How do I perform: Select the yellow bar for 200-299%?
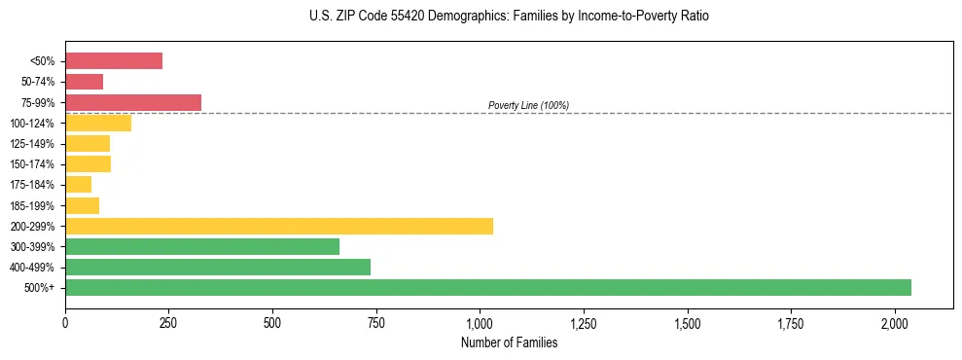click(279, 226)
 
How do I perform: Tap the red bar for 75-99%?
click(133, 102)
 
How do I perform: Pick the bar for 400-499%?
click(218, 267)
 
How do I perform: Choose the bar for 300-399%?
click(202, 246)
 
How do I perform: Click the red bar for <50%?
click(114, 61)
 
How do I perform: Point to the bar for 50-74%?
click(85, 82)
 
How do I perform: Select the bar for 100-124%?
click(98, 123)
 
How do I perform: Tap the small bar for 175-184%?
click(79, 185)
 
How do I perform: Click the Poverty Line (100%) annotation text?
click(528, 105)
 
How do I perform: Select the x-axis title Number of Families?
click(509, 342)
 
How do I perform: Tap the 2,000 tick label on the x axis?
click(895, 322)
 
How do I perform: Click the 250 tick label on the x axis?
click(168, 322)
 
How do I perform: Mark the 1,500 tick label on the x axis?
click(687, 322)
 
